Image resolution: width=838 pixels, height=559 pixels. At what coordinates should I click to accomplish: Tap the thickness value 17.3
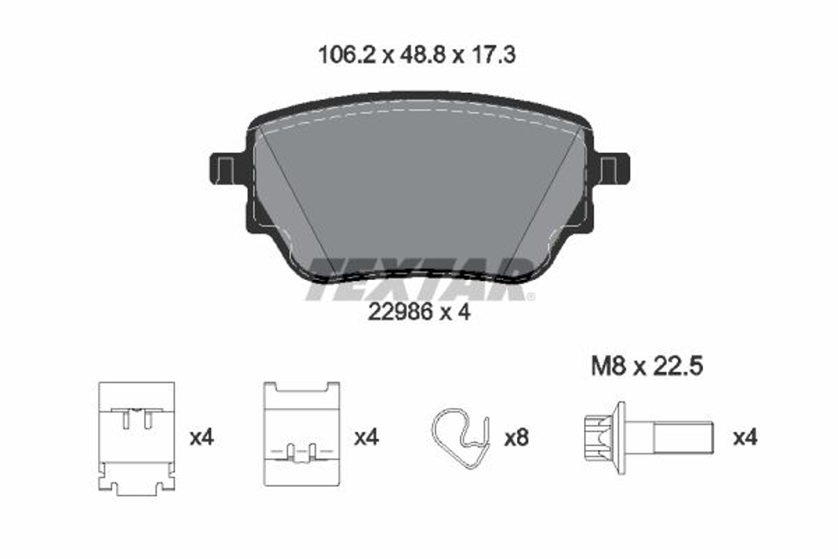click(492, 56)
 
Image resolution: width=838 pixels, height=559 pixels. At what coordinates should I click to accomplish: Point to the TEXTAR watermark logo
click(419, 278)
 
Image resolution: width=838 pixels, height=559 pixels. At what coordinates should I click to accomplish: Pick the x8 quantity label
click(516, 437)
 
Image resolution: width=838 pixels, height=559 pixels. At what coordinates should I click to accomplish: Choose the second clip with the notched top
click(301, 433)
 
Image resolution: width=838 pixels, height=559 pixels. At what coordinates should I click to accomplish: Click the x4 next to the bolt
click(745, 437)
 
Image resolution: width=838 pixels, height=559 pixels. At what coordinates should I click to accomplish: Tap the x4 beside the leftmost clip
click(203, 437)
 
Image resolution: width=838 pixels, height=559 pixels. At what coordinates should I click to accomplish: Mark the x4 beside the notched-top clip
click(366, 437)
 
